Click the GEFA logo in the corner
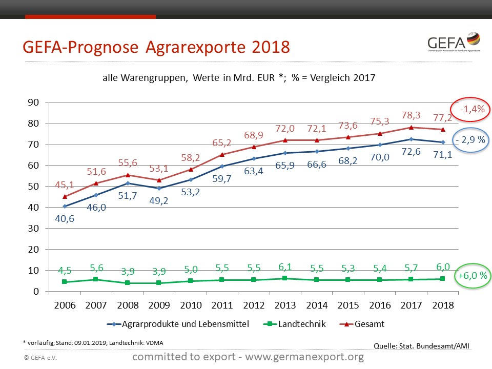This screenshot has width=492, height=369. (453, 44)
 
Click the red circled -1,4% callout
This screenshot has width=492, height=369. (470, 109)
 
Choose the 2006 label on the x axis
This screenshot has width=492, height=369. (65, 305)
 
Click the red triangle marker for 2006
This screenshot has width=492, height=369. (65, 196)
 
